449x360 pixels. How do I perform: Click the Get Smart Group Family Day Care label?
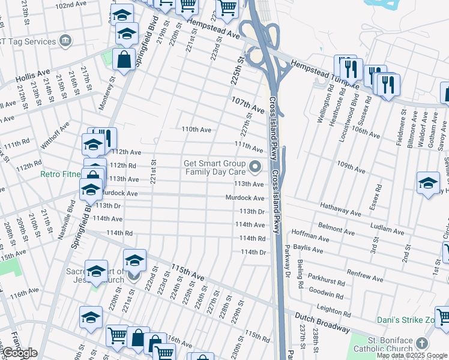[214, 167]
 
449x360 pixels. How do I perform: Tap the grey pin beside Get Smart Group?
[256, 166]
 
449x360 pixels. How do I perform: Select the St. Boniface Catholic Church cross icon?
[423, 343]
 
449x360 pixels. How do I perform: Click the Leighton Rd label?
[334, 308]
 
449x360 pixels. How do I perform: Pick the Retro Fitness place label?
[60, 175]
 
